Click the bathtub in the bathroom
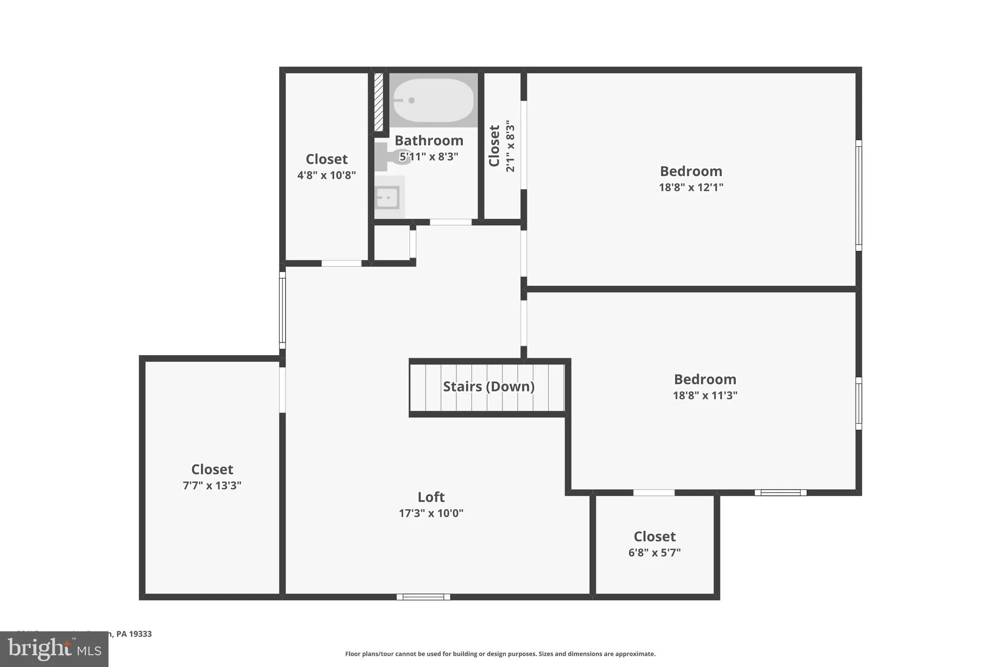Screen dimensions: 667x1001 click(x=433, y=100)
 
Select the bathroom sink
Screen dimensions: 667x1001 click(x=388, y=197)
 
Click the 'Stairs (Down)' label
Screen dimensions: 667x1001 click(x=488, y=387)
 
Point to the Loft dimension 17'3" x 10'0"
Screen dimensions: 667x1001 click(x=431, y=513)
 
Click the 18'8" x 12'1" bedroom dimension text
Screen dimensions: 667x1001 click(x=691, y=187)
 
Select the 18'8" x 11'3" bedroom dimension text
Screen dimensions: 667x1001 click(x=705, y=395)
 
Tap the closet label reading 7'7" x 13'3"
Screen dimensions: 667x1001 click(x=212, y=485)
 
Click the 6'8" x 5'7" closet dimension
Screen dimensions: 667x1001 click(x=654, y=553)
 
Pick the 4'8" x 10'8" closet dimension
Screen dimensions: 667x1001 click(x=326, y=175)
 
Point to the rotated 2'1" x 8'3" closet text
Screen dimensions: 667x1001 click(x=510, y=146)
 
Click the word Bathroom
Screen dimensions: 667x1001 click(x=429, y=141)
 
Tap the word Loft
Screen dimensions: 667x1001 click(x=431, y=497)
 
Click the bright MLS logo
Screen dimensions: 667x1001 click(x=54, y=649)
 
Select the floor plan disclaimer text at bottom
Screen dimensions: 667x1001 click(x=500, y=654)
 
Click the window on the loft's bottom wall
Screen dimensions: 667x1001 click(x=423, y=597)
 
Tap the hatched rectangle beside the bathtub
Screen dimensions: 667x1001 click(x=378, y=102)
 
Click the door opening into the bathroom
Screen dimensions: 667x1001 click(x=450, y=222)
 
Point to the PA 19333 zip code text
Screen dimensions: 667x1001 click(x=134, y=634)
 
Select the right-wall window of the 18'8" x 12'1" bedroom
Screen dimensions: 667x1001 click(x=858, y=195)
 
